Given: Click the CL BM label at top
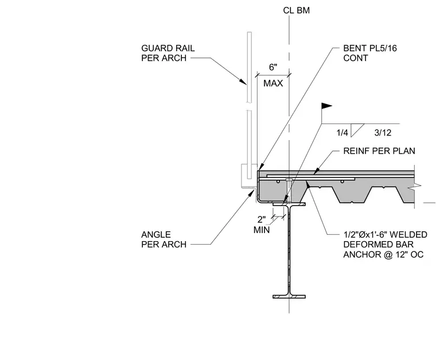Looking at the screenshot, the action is click(296, 10).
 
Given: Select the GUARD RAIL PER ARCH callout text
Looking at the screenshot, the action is click(168, 53).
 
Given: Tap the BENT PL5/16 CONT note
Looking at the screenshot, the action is click(370, 53).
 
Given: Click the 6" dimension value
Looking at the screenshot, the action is click(273, 67).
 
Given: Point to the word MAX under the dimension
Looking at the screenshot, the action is click(273, 83).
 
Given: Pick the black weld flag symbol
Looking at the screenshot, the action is click(327, 106).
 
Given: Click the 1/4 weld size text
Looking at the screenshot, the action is click(342, 133).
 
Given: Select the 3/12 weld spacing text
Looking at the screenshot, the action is click(383, 133).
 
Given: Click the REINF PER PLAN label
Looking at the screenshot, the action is click(379, 151).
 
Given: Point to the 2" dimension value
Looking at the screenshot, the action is click(262, 219).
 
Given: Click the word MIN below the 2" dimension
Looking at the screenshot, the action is click(262, 230).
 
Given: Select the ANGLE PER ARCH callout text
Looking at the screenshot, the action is click(163, 239).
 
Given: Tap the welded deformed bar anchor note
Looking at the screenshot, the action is click(385, 245).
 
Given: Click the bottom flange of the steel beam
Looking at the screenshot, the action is click(289, 297).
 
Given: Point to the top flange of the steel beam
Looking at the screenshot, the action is click(289, 204).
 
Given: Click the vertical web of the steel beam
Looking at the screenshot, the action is click(289, 250).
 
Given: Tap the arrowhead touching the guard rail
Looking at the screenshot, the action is click(243, 81).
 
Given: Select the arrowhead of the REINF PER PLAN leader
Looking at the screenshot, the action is click(316, 172).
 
